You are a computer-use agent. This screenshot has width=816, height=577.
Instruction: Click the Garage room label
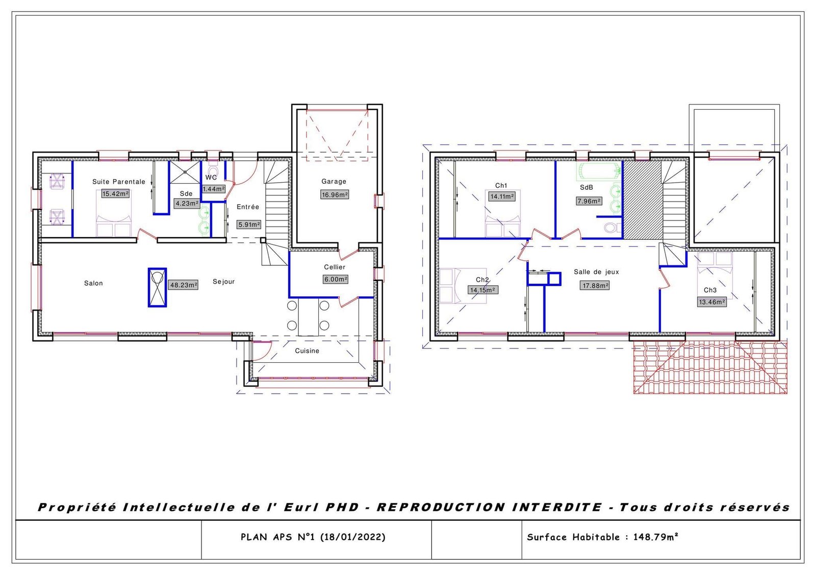(x=334, y=181)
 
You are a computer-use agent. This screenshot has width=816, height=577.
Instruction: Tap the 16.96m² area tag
(x=335, y=194)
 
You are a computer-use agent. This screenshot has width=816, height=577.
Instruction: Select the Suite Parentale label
(x=118, y=182)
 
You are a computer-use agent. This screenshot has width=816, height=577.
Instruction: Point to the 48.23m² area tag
(x=183, y=285)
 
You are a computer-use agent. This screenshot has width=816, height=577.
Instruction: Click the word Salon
(x=93, y=283)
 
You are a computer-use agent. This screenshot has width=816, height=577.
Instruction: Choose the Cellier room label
(x=335, y=267)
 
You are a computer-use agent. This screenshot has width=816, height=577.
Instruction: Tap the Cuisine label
(x=307, y=350)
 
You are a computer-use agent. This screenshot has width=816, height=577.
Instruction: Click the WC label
(x=211, y=177)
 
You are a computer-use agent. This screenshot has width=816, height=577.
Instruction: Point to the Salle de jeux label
(x=596, y=272)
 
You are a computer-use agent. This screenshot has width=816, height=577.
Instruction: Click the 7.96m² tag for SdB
(x=589, y=201)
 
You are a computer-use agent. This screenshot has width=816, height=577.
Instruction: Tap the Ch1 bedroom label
(x=501, y=186)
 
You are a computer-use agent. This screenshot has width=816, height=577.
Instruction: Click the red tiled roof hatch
(x=710, y=367)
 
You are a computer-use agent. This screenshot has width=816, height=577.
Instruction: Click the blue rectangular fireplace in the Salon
(x=157, y=287)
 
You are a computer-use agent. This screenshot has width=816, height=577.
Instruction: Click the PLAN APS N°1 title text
(x=313, y=537)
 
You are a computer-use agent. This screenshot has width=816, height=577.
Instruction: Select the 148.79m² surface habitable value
(x=655, y=537)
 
